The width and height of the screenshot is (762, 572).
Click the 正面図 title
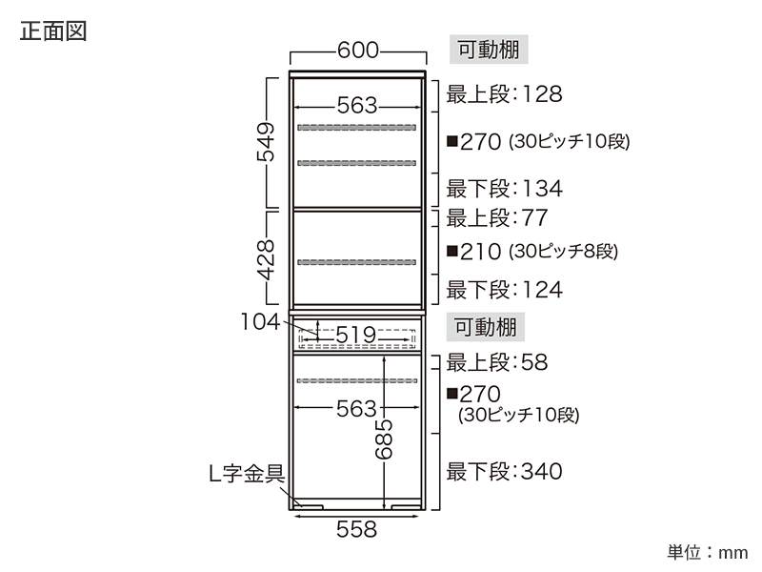click(x=53, y=31)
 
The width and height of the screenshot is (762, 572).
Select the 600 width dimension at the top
click(x=358, y=51)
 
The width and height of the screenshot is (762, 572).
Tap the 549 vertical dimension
click(x=266, y=142)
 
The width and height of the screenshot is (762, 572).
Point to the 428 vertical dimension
click(x=266, y=260)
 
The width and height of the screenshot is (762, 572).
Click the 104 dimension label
click(x=260, y=321)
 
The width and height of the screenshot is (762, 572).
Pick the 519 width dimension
click(x=356, y=335)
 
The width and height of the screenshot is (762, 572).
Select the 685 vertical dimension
click(x=384, y=439)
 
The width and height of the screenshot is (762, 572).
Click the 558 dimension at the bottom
click(x=356, y=529)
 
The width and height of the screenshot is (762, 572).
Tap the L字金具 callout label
click(x=247, y=473)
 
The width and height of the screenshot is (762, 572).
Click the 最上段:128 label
click(x=505, y=94)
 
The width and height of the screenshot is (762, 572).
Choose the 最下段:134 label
click(x=505, y=189)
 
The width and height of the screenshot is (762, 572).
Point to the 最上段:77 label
click(x=497, y=218)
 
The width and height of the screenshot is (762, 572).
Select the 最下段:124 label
click(x=505, y=290)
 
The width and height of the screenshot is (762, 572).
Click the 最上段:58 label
click(x=497, y=362)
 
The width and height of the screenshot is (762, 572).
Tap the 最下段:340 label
click(x=505, y=471)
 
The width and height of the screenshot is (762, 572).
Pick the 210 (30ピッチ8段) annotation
click(x=532, y=252)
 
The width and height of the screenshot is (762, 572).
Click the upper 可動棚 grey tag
click(x=489, y=50)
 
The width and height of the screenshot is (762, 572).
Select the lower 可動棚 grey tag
click(x=486, y=327)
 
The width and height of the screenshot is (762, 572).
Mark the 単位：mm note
click(x=707, y=553)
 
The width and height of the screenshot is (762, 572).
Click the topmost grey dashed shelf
click(x=356, y=128)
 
